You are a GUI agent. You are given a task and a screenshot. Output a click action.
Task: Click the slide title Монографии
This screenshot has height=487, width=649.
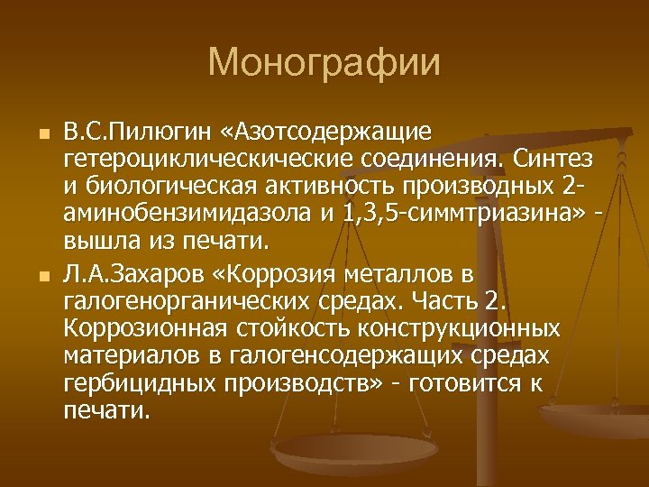click(324, 64)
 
